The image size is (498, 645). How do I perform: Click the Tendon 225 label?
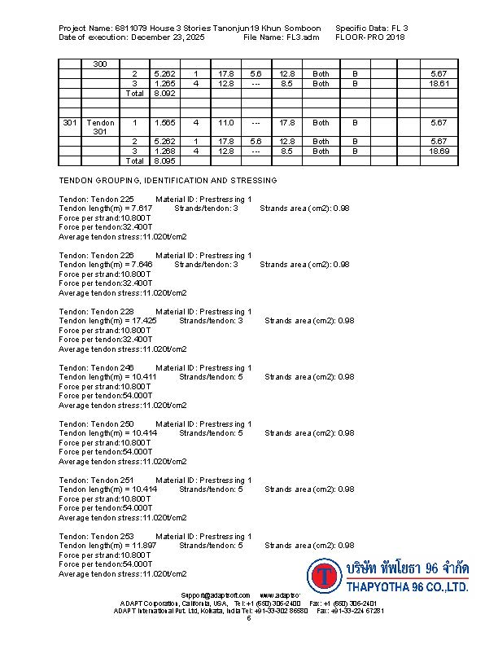(111, 200)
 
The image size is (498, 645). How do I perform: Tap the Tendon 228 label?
(111, 312)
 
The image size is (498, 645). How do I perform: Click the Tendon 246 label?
(111, 368)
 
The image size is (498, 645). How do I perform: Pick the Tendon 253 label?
(111, 537)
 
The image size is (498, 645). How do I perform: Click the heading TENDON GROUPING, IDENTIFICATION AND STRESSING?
(168, 181)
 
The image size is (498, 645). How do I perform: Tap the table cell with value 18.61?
(439, 84)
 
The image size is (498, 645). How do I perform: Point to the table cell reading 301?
(70, 123)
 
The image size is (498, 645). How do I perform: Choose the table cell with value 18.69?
(439, 151)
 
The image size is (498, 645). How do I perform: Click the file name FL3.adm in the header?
(300, 37)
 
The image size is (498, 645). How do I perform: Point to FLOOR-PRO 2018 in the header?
(369, 37)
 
